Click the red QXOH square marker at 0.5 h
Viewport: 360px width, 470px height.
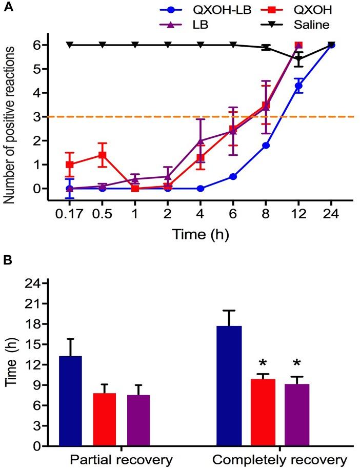103,155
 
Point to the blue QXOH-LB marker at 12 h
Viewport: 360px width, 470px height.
299,85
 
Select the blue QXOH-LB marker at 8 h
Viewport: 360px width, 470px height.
266,146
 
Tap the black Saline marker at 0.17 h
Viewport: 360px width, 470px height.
70,45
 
